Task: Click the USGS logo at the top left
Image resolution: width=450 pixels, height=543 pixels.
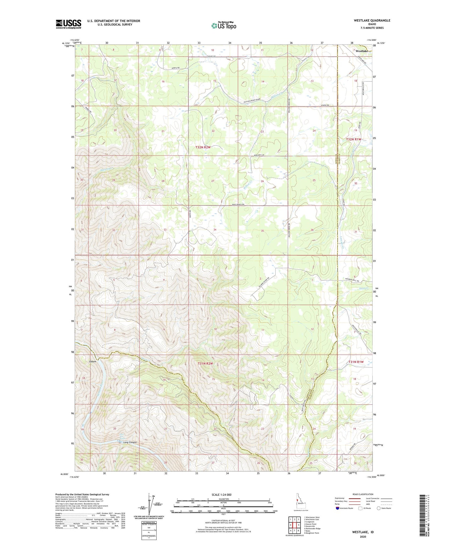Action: [68, 24]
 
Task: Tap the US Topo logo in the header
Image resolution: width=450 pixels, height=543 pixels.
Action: [224, 25]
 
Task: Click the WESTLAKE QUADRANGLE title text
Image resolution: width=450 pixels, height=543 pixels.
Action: [372, 20]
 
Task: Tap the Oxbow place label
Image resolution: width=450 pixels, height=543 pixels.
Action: [93, 362]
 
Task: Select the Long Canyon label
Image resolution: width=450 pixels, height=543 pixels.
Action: [130, 442]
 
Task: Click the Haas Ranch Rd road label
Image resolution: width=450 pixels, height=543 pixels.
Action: [238, 204]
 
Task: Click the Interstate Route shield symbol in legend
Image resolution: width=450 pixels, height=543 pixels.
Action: [337, 508]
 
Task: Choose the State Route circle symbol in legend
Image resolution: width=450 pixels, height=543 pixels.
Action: [379, 508]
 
